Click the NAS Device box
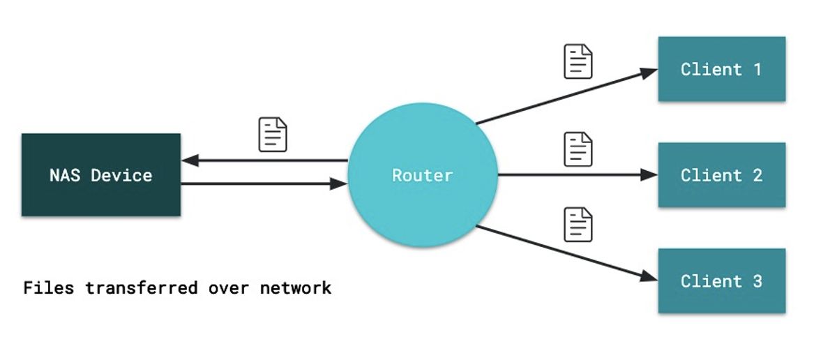pos(101,174)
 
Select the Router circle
pos(423,174)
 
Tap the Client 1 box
pos(721,69)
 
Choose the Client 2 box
pos(721,174)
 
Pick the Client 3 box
pos(721,280)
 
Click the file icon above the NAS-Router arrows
pos(273,135)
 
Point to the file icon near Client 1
pos(578,61)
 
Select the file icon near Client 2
pos(578,149)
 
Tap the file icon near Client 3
pos(578,225)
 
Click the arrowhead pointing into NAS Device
pos(190,160)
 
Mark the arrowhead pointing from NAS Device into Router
pos(338,183)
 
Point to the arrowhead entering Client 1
pos(649,73)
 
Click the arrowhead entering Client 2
pos(649,174)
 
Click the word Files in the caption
pos(49,288)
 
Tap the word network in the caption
pos(296,288)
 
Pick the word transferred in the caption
pos(142,288)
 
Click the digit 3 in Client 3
pos(757,281)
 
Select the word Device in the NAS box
pos(121,175)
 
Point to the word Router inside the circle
pos(423,175)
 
